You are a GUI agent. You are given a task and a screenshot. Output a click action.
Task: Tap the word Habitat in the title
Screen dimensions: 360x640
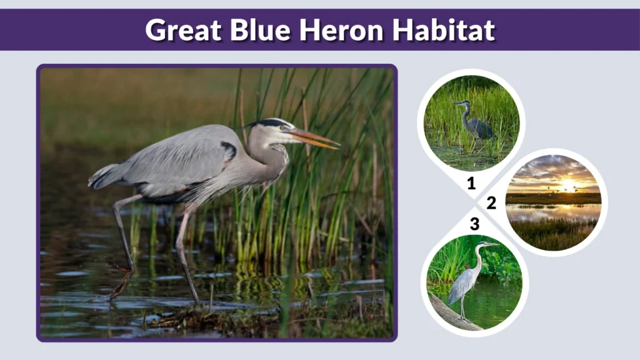point(445,29)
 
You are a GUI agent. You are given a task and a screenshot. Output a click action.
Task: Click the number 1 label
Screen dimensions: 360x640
point(471,183)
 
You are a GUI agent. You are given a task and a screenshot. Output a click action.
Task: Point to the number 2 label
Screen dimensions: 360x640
point(491,202)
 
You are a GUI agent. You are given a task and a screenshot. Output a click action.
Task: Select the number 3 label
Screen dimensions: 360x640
point(474,224)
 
